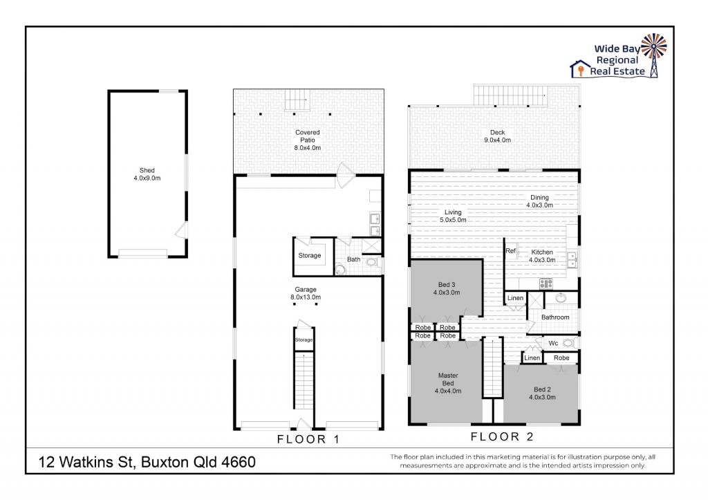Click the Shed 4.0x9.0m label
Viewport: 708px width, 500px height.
pyautogui.click(x=147, y=174)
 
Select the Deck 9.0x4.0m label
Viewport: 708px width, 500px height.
pyautogui.click(x=497, y=136)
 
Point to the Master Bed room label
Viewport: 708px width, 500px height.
pyautogui.click(x=448, y=383)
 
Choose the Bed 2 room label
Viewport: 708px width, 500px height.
pyautogui.click(x=542, y=393)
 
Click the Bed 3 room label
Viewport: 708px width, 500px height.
pyautogui.click(x=447, y=288)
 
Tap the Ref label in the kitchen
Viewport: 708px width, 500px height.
pyautogui.click(x=511, y=251)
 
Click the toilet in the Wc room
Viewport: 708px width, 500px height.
pyautogui.click(x=568, y=343)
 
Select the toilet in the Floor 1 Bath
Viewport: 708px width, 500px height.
pyautogui.click(x=372, y=263)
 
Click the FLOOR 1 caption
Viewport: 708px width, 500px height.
pyautogui.click(x=308, y=439)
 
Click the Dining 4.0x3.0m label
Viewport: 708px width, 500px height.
pyautogui.click(x=539, y=201)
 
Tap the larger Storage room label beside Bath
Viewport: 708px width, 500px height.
pyautogui.click(x=310, y=255)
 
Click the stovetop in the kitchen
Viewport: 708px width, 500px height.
pyautogui.click(x=546, y=283)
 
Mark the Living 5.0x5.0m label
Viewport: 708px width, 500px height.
pyautogui.click(x=453, y=216)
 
